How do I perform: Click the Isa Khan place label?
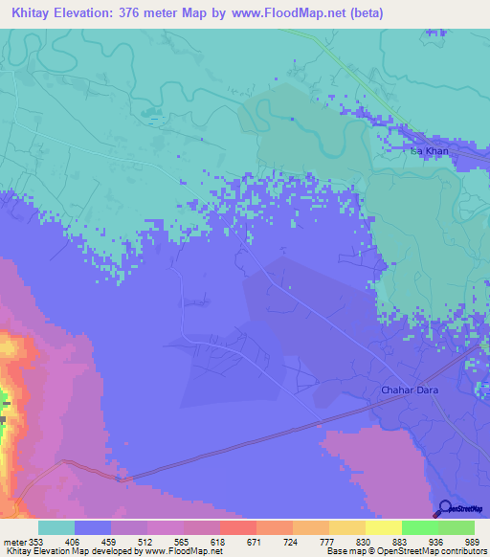pyautogui.click(x=428, y=151)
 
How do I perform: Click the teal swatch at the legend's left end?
pyautogui.click(x=56, y=527)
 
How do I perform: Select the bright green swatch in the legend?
pyautogui.click(x=419, y=527)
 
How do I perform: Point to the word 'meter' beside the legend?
pyautogui.click(x=14, y=542)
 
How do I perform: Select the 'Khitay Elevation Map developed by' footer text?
pyautogui.click(x=67, y=552)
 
